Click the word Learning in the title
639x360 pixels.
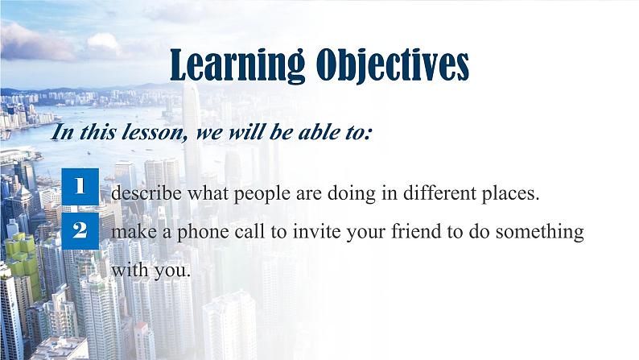click(x=237, y=65)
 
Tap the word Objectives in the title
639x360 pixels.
click(x=393, y=65)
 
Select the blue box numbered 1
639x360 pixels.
click(x=80, y=186)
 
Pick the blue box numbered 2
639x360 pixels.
click(x=80, y=231)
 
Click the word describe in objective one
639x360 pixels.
click(x=146, y=192)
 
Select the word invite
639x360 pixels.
click(x=315, y=231)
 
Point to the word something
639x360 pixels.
click(x=539, y=233)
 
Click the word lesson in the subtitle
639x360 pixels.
click(x=156, y=133)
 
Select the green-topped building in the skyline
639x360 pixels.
click(x=23, y=261)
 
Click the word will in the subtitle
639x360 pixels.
click(x=246, y=132)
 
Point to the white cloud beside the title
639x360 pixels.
click(x=104, y=44)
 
